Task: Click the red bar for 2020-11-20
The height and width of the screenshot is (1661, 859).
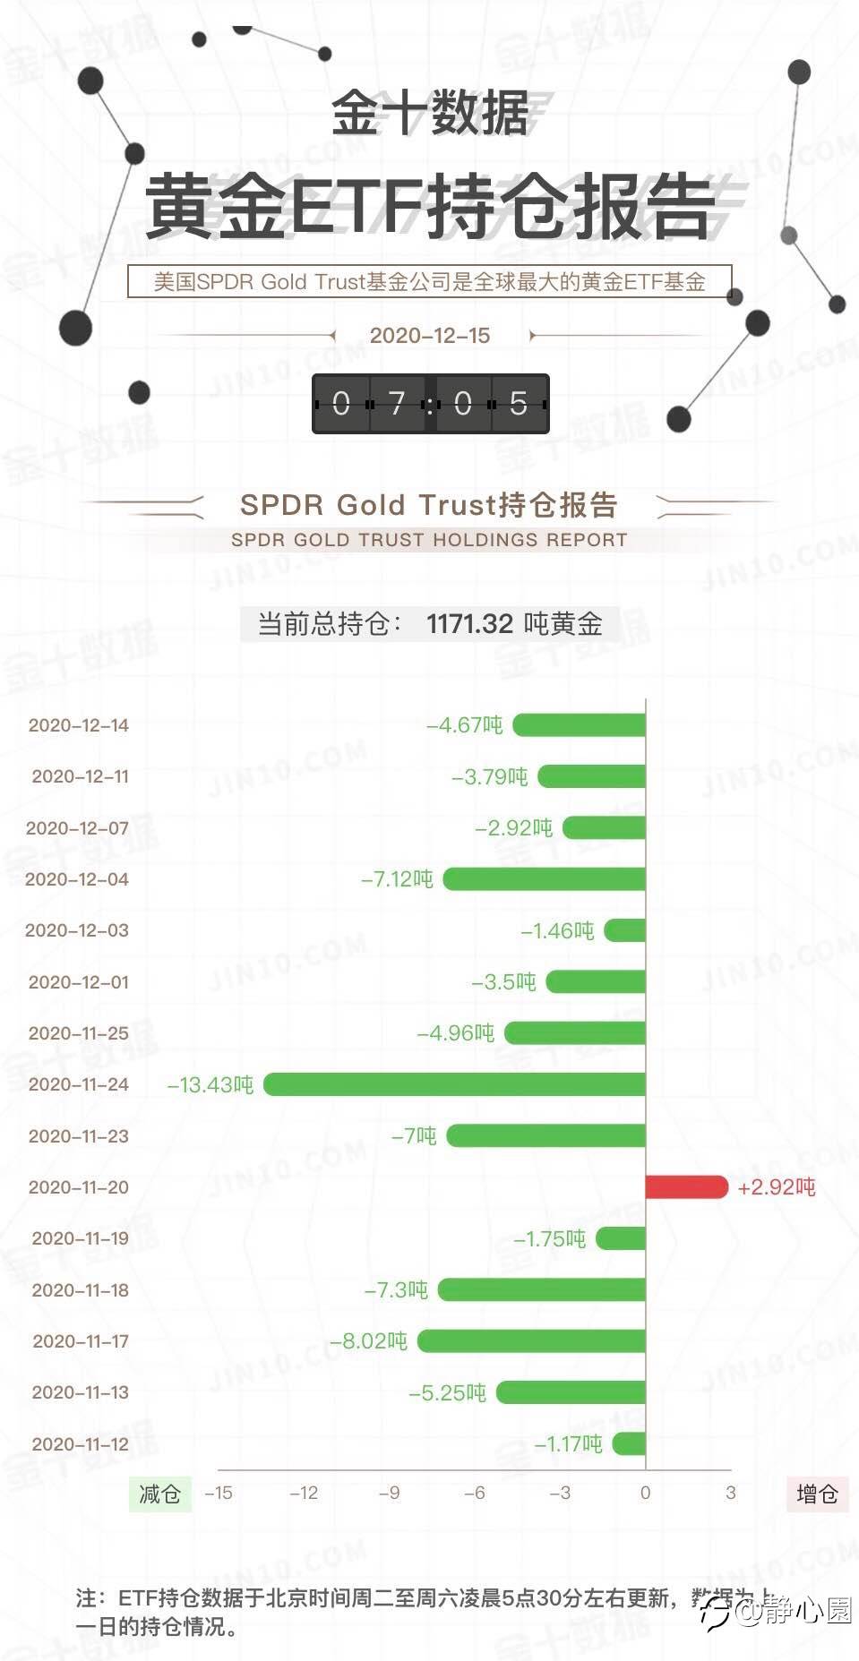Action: (x=686, y=1186)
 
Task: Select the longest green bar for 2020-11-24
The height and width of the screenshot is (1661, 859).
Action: (x=454, y=1084)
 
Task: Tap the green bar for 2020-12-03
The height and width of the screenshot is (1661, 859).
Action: (x=625, y=930)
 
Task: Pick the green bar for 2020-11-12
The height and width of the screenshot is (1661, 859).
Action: (x=629, y=1443)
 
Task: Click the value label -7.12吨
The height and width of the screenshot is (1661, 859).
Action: (x=397, y=879)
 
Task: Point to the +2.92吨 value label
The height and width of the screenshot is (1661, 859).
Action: (x=777, y=1187)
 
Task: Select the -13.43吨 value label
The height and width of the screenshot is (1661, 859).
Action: (x=210, y=1085)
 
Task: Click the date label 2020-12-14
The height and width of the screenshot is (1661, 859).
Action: (x=79, y=725)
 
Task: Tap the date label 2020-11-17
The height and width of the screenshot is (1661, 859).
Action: (x=81, y=1341)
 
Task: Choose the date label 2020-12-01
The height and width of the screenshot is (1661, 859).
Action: (x=79, y=982)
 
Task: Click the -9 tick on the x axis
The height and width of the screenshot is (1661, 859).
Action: (x=389, y=1493)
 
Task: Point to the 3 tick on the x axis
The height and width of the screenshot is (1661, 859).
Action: (x=731, y=1493)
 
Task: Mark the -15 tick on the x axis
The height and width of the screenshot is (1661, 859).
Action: (x=219, y=1493)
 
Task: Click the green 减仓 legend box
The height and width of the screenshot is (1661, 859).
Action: (x=159, y=1494)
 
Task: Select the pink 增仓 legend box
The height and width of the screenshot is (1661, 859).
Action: (x=817, y=1494)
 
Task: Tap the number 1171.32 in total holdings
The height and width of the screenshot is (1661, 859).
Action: (x=469, y=623)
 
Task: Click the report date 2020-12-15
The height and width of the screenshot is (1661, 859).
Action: (x=430, y=336)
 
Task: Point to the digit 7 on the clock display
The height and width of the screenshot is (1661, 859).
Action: (x=397, y=404)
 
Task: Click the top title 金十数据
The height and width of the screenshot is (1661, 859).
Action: (x=430, y=114)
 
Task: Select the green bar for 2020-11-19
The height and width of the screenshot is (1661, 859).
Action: (x=621, y=1238)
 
